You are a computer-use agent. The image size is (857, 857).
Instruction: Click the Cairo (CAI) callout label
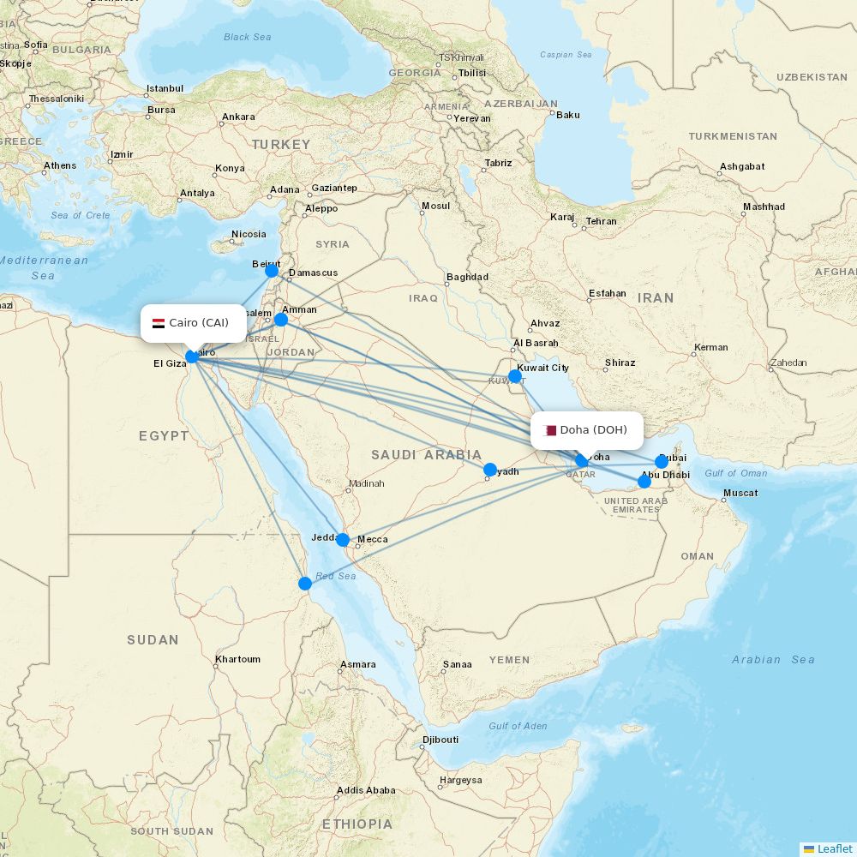193,323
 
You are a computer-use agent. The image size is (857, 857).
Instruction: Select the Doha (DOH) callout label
586,430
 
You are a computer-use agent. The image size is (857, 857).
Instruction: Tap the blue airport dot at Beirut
272,271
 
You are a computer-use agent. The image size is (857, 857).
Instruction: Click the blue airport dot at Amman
280,320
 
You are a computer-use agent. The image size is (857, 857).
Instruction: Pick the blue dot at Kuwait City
514,376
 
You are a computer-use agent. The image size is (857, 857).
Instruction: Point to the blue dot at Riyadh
490,470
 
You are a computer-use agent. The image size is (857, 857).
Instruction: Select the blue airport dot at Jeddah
343,540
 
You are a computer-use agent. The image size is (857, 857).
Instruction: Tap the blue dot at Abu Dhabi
644,482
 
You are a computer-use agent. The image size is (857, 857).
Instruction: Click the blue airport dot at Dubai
662,462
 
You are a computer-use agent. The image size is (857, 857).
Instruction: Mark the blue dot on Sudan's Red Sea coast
305,584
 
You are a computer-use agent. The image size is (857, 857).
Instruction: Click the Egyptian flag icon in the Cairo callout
159,323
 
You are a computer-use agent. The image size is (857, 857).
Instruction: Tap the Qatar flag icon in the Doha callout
550,430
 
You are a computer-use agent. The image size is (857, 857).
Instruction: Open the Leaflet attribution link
834,848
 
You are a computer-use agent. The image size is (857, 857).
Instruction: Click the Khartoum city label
238,659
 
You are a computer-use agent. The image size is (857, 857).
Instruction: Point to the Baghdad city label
467,277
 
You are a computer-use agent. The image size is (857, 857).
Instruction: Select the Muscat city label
740,493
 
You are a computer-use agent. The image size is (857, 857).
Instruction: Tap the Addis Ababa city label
367,790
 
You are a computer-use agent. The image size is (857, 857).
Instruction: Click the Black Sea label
247,37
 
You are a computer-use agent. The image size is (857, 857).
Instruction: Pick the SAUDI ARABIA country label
426,455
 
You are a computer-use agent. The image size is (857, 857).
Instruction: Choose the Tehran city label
601,221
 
